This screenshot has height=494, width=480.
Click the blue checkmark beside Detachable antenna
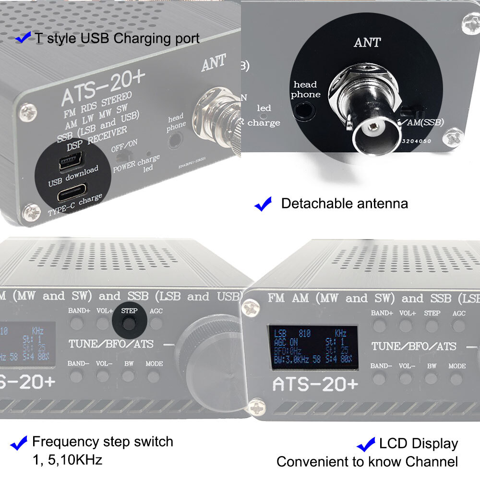coord(263,204)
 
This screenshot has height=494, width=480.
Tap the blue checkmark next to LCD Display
coord(366,444)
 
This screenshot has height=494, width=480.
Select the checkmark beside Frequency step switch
coord(19,443)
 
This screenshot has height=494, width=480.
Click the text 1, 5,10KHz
coord(67,460)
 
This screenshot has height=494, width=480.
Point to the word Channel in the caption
coord(432,462)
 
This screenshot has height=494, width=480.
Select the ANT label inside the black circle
coord(367,42)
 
